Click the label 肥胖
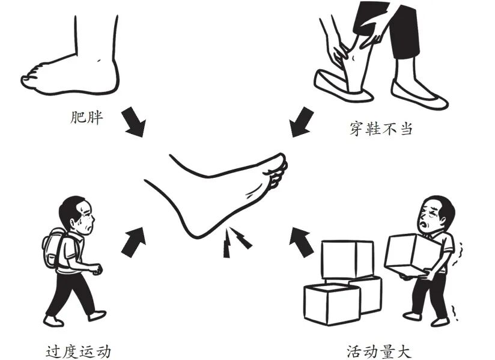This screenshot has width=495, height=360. pos(86,117)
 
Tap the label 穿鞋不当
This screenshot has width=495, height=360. pos(381,129)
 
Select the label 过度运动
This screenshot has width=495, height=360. pos(78,352)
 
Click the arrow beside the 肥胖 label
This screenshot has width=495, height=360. pos(134,122)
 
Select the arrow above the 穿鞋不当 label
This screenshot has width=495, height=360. pos(301,122)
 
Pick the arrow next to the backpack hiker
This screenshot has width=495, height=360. pos(134,242)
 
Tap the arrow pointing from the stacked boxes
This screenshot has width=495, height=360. pos(301,242)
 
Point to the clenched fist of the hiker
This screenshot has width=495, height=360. pos(97,269)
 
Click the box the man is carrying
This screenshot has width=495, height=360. pos(411,255)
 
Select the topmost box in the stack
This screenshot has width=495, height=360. pos(347,260)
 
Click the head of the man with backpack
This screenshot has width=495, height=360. pos(77,215)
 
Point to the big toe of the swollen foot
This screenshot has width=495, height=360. pos(28,79)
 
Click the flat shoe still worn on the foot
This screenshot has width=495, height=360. pos(418,95)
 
